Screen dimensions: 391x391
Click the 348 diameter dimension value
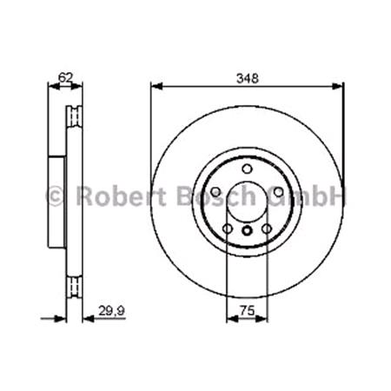(248, 77)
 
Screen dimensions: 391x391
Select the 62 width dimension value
(63, 77)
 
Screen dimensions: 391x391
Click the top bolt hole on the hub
(247, 168)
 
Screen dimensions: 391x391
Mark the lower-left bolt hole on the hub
(228, 229)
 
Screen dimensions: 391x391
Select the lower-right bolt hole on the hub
(266, 229)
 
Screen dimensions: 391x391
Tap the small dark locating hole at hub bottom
(247, 230)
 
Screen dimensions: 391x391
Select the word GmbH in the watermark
(308, 195)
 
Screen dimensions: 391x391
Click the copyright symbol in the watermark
(54, 195)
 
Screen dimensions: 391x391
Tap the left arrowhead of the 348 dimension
(156, 86)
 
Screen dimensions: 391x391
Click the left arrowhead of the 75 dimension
(229, 320)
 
